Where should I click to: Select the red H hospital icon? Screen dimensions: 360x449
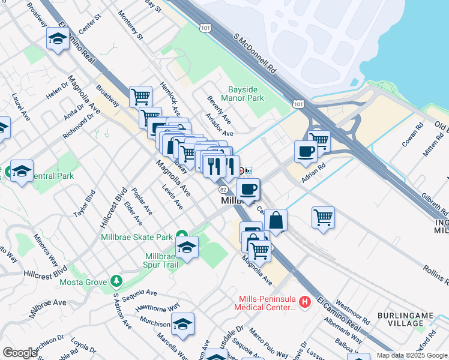[304, 301]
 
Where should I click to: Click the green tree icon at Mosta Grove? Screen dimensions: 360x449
[116, 281]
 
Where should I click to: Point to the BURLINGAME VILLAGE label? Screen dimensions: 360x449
[401, 319]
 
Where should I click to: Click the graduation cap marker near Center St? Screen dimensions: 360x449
[58, 38]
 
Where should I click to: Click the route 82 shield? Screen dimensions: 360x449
[223, 189]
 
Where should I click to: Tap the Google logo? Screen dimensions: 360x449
[20, 353]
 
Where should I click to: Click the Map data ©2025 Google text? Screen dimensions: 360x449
[412, 355]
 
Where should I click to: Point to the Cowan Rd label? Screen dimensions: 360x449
[413, 134]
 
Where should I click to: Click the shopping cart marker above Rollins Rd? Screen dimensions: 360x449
[323, 217]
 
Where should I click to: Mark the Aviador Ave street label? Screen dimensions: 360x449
[218, 124]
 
